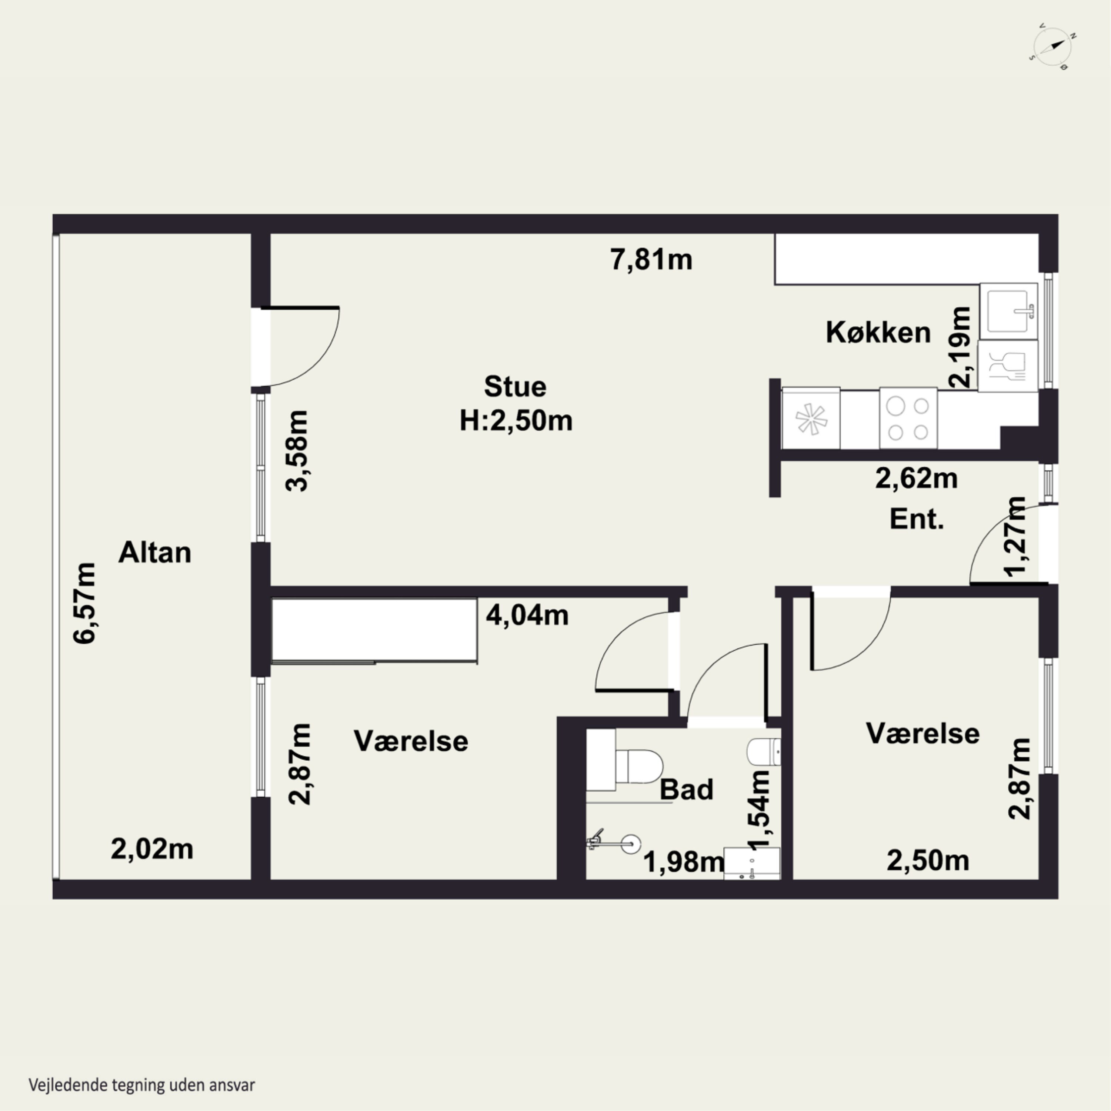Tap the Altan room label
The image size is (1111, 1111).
coord(155,553)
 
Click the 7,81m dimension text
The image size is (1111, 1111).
coord(651,260)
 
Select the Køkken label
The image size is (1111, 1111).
coord(878,333)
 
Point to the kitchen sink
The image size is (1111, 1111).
coord(1009,311)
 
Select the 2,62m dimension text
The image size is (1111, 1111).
coord(917,478)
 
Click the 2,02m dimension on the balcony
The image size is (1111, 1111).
coord(152,849)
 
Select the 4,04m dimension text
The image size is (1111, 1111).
coord(527,615)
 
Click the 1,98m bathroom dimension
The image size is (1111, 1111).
coord(684,861)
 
